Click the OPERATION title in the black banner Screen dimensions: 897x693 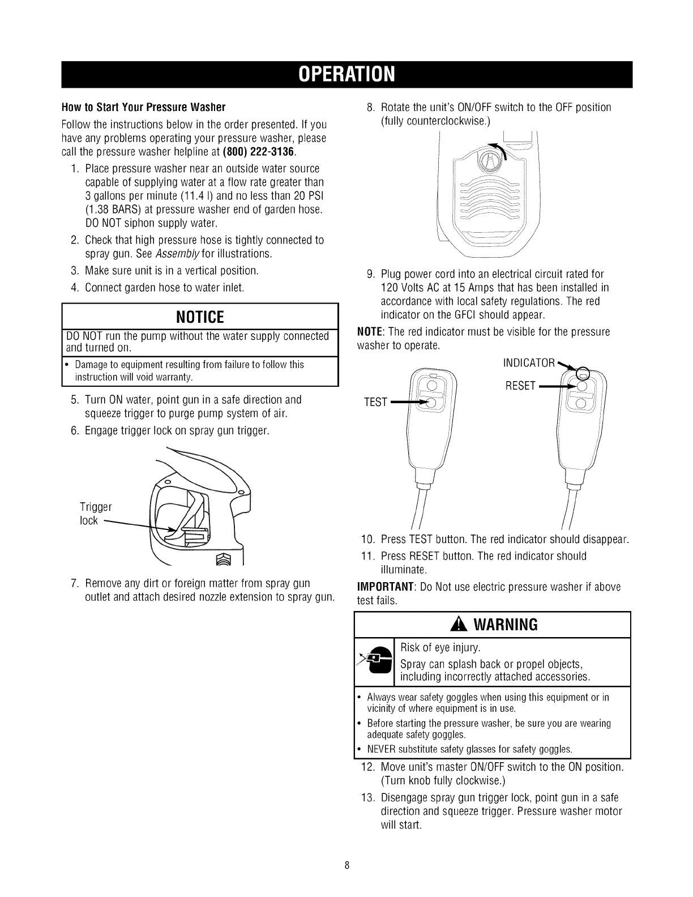346,74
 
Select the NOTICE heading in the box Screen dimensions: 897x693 200,315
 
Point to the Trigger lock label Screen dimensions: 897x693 96,513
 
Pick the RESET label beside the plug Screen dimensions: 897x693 520,386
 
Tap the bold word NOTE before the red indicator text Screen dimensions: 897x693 370,331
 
